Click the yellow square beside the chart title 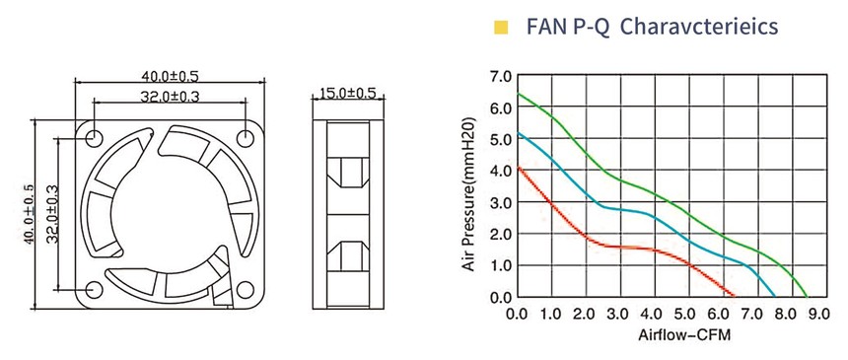501,27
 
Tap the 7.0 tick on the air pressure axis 500,76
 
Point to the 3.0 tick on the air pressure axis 500,202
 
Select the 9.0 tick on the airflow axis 817,314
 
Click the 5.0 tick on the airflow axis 684,314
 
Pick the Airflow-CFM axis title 684,335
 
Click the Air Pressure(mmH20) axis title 469,193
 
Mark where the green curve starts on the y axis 518,94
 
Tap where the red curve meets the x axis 734,296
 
